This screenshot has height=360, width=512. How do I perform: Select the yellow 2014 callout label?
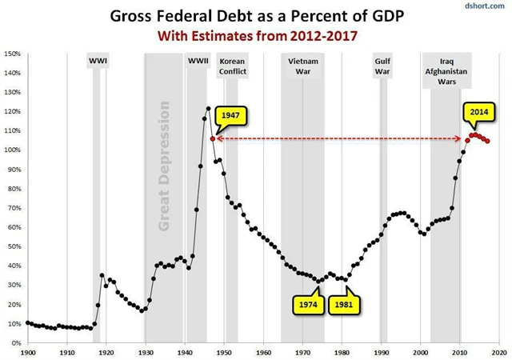coord(478,113)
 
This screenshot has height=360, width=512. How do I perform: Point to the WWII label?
coord(198,61)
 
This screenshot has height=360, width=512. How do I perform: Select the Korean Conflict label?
coord(232,66)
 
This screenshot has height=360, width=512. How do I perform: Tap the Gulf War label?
coord(383,66)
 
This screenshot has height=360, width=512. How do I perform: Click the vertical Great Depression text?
coord(164,166)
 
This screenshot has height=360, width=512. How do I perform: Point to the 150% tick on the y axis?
coord(13,54)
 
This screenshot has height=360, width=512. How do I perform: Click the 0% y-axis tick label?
coord(17,342)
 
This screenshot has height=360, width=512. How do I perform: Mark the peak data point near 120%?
coord(209,108)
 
